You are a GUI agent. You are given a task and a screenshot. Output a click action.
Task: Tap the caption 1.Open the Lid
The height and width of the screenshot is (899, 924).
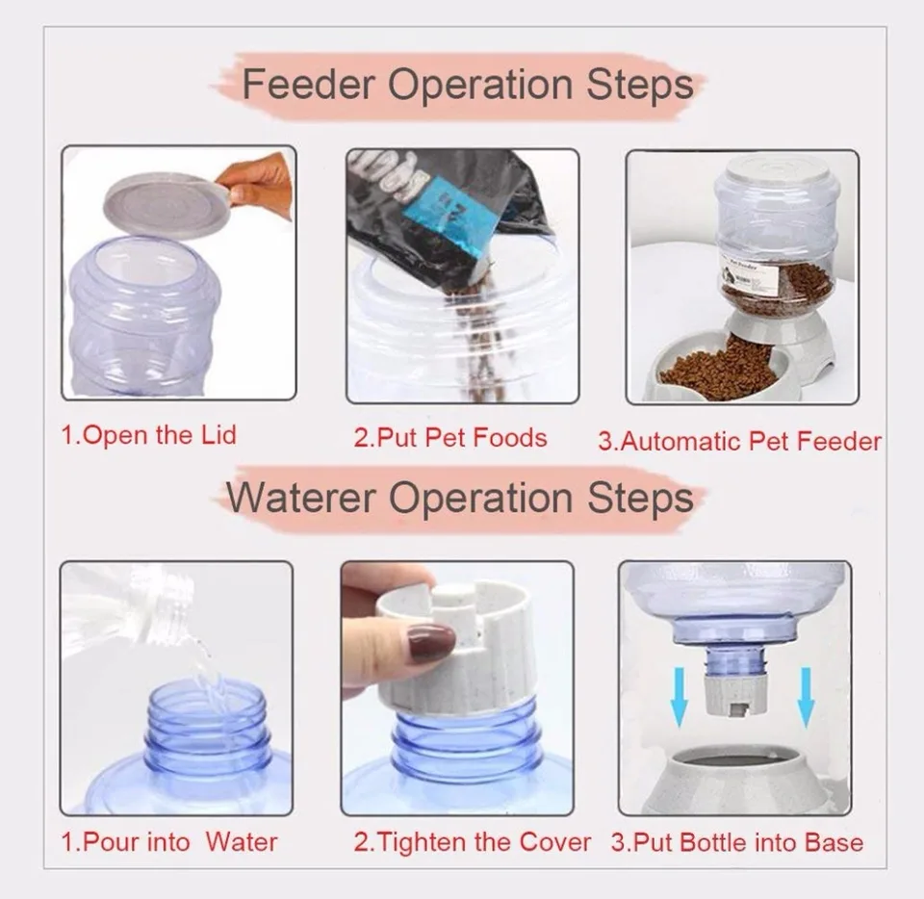tap(148, 434)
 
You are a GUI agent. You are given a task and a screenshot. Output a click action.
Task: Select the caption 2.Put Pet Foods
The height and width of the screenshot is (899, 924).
tap(449, 438)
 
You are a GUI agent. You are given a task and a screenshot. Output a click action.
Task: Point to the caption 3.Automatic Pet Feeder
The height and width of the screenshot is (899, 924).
tap(739, 441)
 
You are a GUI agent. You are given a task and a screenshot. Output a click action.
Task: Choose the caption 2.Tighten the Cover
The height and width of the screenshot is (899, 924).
tap(472, 842)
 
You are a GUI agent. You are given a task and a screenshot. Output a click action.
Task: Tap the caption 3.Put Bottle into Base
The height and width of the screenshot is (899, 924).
tap(737, 842)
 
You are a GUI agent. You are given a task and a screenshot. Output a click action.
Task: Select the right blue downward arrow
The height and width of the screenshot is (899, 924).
tap(806, 698)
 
